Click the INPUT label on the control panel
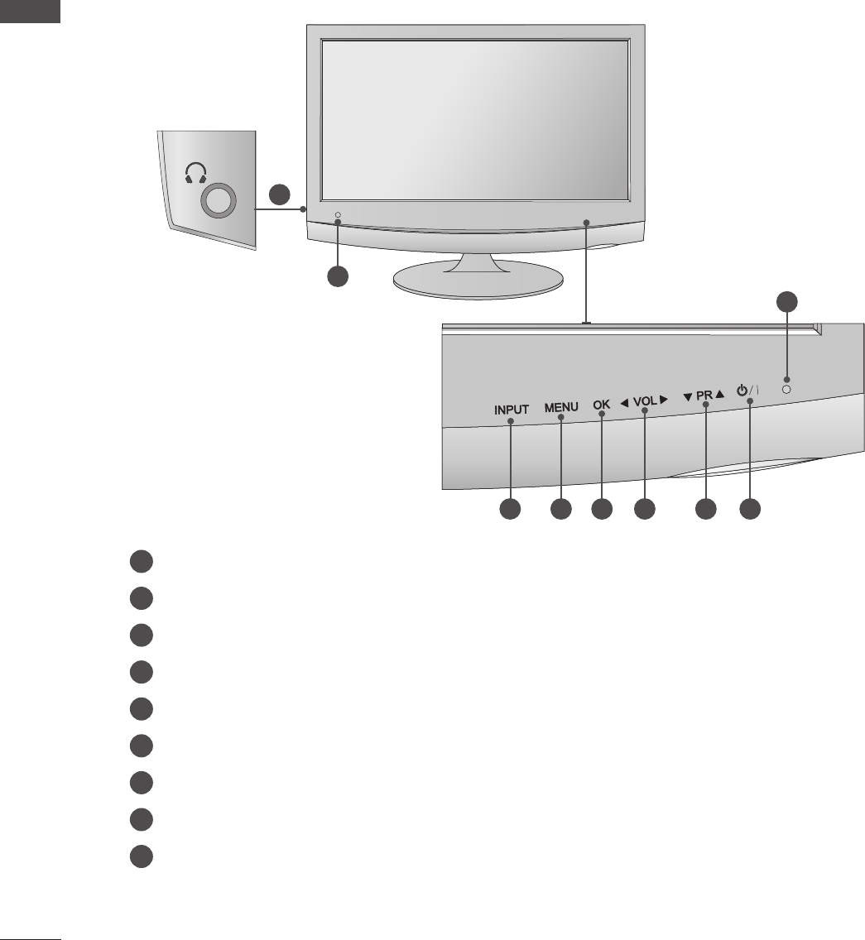[512, 409]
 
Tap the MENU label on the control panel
[561, 408]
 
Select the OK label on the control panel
[602, 405]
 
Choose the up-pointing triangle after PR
[720, 395]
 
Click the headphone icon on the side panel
[196, 172]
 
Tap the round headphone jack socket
[218, 199]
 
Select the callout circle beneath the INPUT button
[510, 510]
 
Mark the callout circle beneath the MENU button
[561, 510]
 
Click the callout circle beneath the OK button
[602, 510]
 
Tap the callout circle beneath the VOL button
[644, 510]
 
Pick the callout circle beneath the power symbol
[750, 510]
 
